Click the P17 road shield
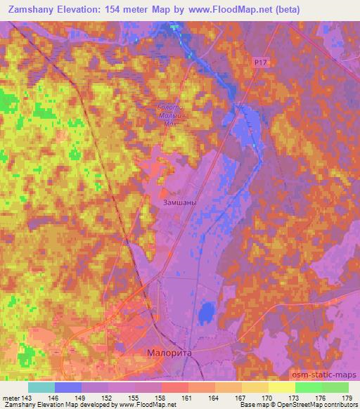[261, 63]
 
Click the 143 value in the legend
[25, 398]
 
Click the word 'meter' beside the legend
[10, 398]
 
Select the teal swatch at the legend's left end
[41, 387]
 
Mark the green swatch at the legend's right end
[335, 387]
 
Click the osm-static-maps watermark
[329, 375]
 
